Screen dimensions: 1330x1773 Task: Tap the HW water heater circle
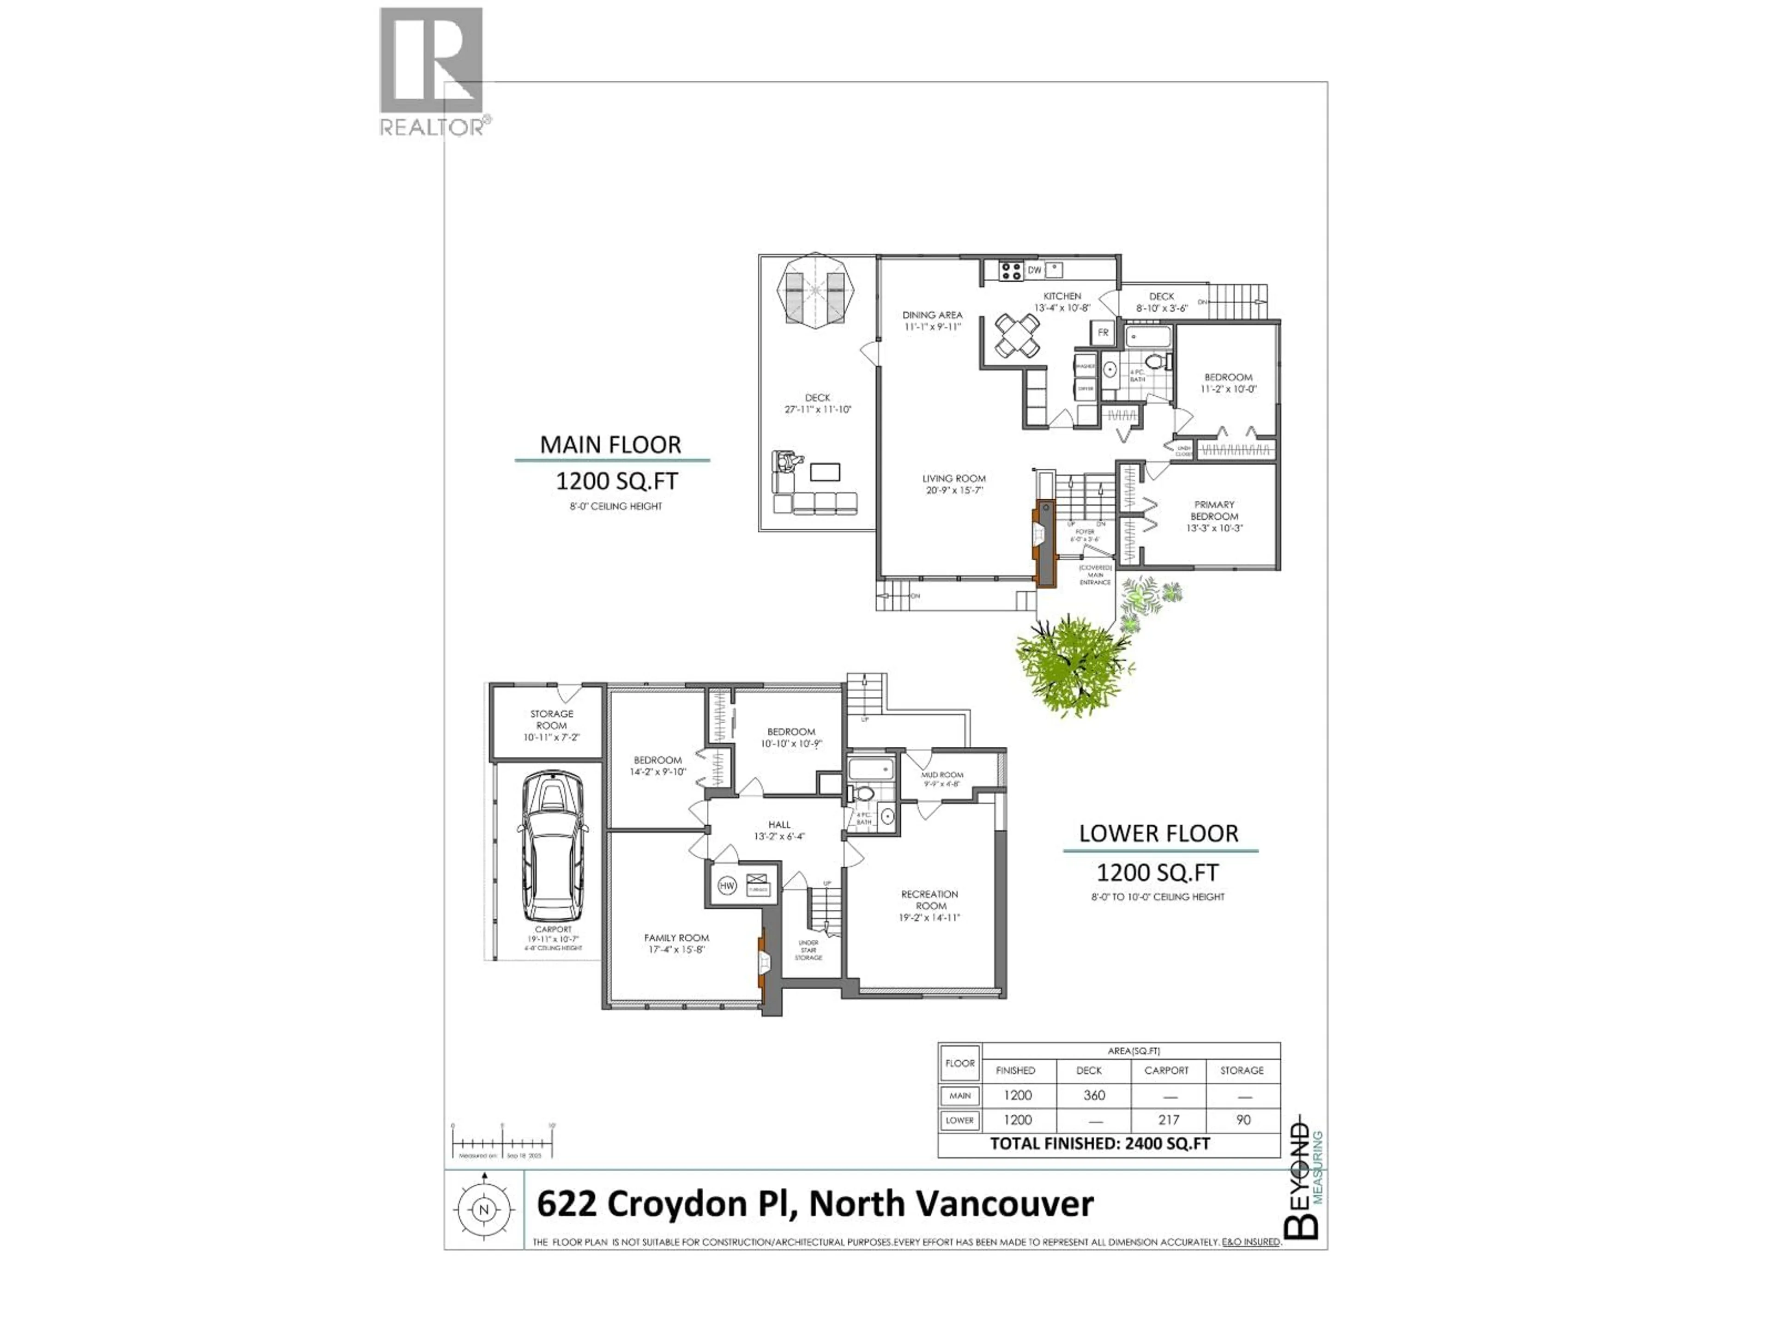click(x=727, y=886)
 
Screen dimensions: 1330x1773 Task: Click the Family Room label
click(x=676, y=943)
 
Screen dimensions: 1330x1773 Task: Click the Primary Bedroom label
click(x=1214, y=516)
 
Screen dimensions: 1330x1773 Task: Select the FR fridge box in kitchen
click(x=1103, y=332)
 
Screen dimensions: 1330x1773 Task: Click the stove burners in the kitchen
click(x=1011, y=271)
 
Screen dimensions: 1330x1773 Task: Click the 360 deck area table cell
click(x=1094, y=1095)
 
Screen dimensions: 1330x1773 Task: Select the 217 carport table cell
click(x=1168, y=1120)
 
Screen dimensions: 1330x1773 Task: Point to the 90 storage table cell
click(x=1243, y=1120)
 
